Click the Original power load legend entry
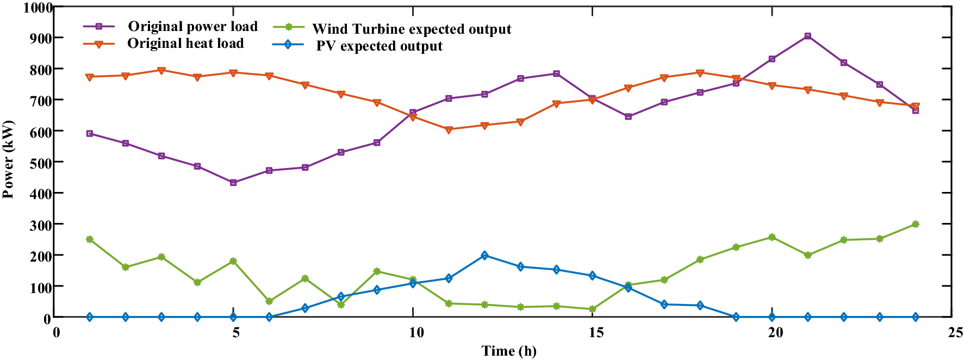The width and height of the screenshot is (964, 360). [x=192, y=26]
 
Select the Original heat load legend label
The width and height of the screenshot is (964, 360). [x=185, y=44]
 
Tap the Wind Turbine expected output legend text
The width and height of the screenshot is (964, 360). [x=412, y=29]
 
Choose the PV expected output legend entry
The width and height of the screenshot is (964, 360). [x=379, y=46]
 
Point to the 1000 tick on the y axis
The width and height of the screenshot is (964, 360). [x=37, y=8]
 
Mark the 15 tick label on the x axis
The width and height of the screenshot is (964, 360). [x=596, y=333]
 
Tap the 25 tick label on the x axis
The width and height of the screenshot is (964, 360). [x=955, y=333]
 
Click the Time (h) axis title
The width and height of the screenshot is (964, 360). [x=508, y=351]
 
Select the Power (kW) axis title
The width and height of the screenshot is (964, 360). [x=8, y=159]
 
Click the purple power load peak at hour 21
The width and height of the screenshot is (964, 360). [x=808, y=36]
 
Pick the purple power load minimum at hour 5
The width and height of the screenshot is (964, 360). [x=233, y=183]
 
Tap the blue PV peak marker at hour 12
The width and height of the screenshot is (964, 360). [x=484, y=256]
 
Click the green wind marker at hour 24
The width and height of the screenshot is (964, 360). [x=916, y=224]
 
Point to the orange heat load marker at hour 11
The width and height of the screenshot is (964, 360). [x=449, y=130]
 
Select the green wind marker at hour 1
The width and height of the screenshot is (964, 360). [x=90, y=239]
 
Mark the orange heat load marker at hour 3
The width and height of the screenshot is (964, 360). [x=161, y=70]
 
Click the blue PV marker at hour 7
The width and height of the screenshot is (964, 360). [x=305, y=308]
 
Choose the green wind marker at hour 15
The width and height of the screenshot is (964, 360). [x=592, y=309]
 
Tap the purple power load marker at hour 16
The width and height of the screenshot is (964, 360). [x=629, y=116]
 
